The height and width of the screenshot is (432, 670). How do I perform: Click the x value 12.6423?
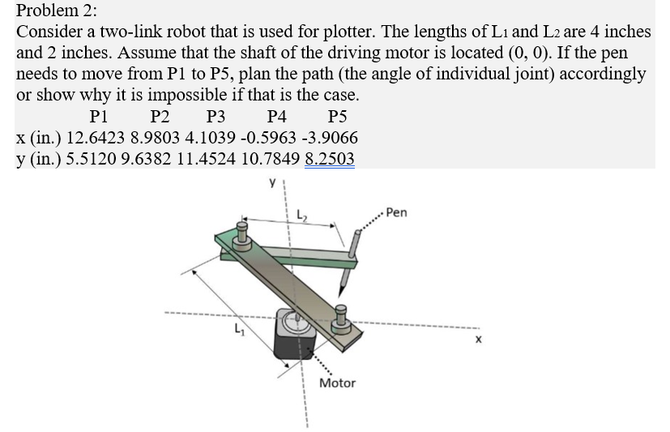pyautogui.click(x=91, y=137)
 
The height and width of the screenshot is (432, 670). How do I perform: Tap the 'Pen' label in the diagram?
pyautogui.click(x=397, y=213)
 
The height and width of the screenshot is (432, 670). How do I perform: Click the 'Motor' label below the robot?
pyautogui.click(x=337, y=383)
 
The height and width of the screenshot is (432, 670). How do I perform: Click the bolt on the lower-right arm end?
pyautogui.click(x=340, y=319)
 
